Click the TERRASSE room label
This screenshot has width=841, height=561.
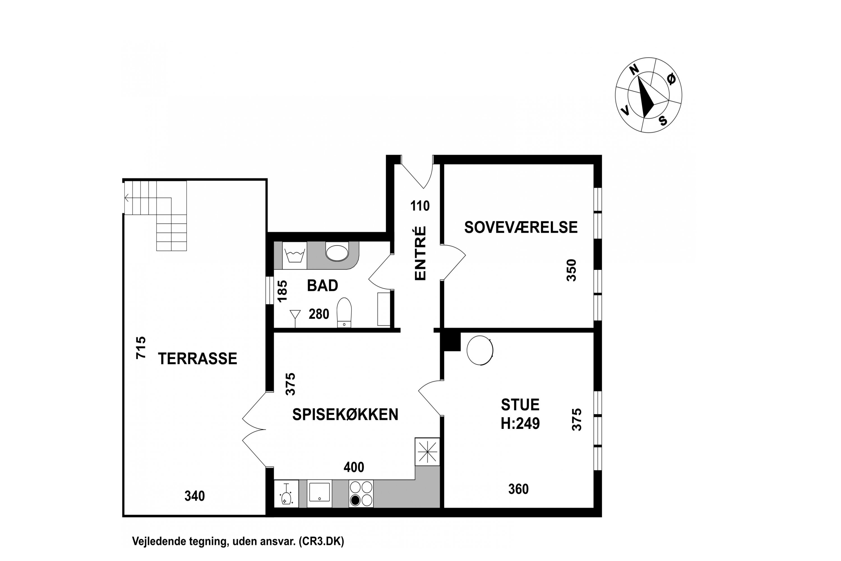(x=197, y=358)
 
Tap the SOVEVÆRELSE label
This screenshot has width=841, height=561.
(x=521, y=227)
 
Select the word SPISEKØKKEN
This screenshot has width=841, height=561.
(x=345, y=414)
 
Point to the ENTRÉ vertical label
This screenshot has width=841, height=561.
(x=420, y=253)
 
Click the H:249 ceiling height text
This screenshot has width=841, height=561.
(x=520, y=423)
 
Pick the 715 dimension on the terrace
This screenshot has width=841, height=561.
(x=141, y=348)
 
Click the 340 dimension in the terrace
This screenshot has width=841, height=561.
(x=195, y=496)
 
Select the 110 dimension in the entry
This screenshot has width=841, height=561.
(x=420, y=206)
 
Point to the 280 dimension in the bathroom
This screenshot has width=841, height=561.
(x=318, y=314)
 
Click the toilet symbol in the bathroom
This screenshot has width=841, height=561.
(x=344, y=312)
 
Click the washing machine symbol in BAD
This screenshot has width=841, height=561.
(x=294, y=256)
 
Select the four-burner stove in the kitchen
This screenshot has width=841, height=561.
(x=361, y=494)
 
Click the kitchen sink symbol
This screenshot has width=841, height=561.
(x=319, y=493)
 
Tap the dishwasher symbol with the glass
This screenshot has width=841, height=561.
(x=286, y=494)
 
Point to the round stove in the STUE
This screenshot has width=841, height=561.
(x=480, y=350)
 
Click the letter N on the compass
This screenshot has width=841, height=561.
(x=634, y=70)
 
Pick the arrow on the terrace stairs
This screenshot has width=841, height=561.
(x=127, y=198)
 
